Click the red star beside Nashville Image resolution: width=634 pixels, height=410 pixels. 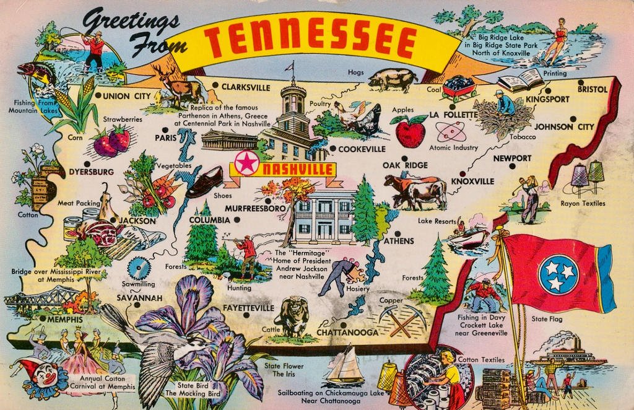[246, 164]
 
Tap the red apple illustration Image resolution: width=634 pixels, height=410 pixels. [410, 131]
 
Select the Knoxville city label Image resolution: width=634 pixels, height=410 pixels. [472, 181]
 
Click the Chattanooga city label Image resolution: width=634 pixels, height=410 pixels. [347, 333]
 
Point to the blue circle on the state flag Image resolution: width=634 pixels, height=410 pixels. [558, 274]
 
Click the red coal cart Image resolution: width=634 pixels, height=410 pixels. [459, 89]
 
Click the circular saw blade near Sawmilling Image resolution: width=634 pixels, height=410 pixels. [139, 268]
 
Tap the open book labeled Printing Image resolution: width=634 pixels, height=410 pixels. [521, 81]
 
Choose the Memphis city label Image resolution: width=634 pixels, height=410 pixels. [65, 320]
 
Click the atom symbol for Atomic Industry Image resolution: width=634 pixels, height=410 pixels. [450, 131]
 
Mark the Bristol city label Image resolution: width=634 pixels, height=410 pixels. [593, 89]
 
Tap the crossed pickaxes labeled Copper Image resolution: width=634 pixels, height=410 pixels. [401, 320]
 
